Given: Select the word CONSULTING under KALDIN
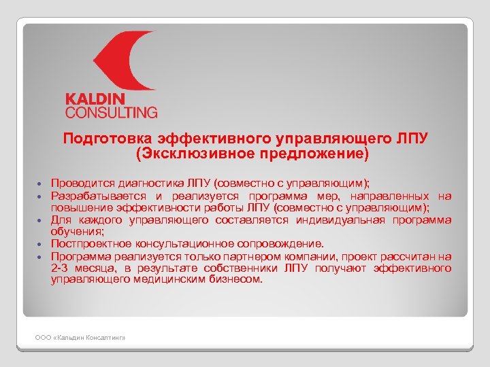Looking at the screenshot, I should pyautogui.click(x=111, y=112).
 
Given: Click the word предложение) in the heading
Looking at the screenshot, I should pyautogui.click(x=312, y=154).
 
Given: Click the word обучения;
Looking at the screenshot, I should pyautogui.click(x=73, y=232).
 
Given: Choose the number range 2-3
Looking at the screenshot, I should pyautogui.click(x=60, y=268).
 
